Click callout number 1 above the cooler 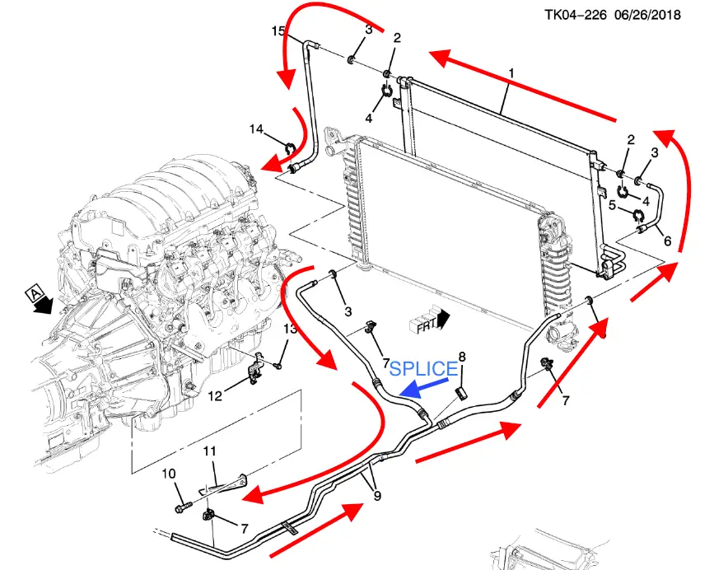[511, 73]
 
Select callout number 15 [278, 30]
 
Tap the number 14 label [256, 129]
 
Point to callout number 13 [289, 329]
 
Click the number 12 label [215, 396]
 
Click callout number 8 [462, 357]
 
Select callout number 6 [668, 241]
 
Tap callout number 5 [613, 206]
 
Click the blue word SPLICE [422, 368]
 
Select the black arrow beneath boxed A [41, 307]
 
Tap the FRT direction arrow [429, 320]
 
